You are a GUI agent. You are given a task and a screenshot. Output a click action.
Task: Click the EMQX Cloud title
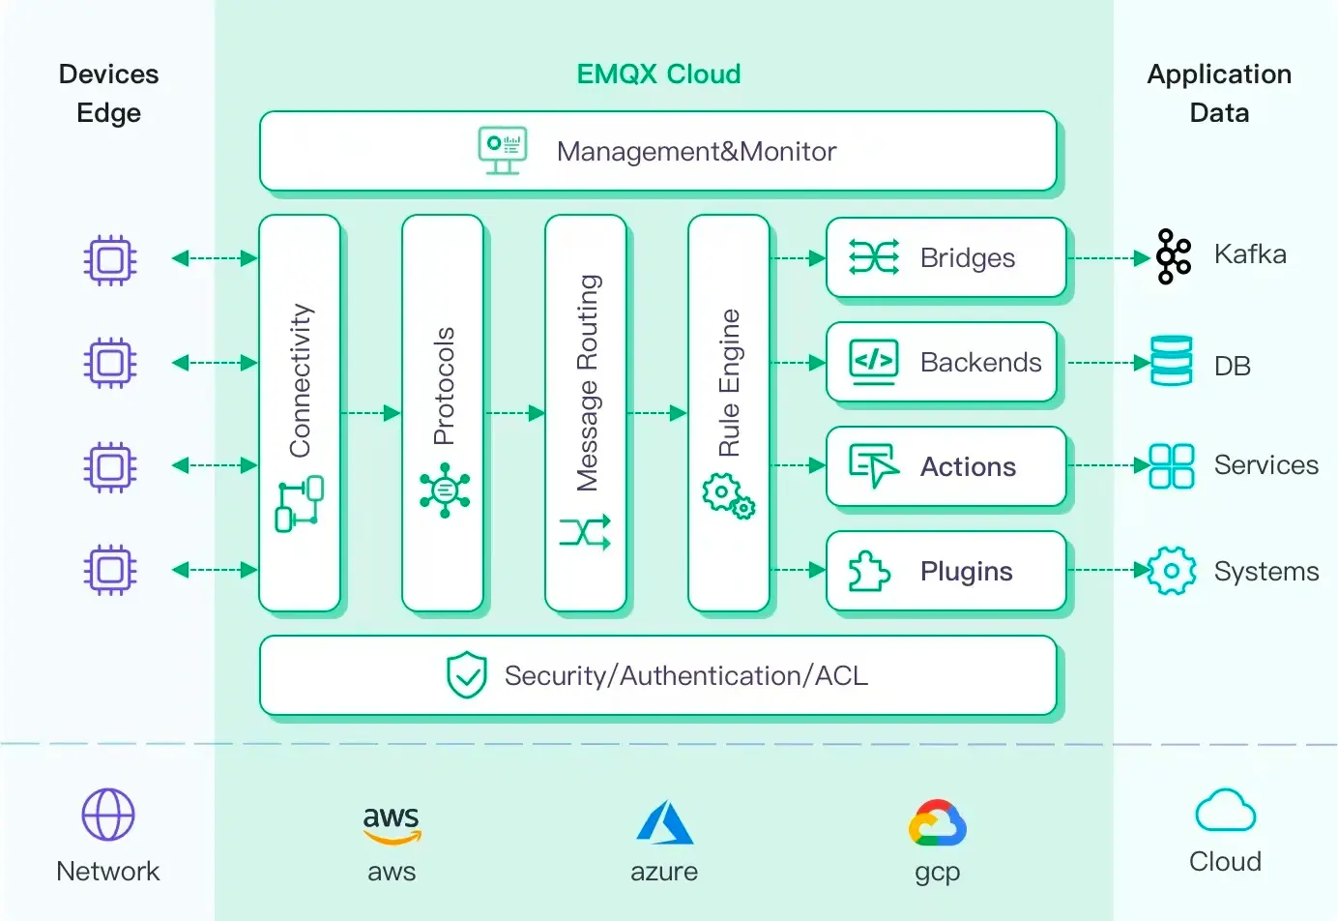658,74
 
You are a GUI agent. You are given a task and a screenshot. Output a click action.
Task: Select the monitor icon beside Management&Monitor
503,151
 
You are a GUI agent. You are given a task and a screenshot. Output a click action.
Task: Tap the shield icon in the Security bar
466,675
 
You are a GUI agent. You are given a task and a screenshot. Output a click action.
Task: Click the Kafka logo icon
1173,256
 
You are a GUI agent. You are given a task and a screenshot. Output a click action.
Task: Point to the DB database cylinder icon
1171,361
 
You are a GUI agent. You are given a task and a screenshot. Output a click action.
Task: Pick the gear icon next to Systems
1172,571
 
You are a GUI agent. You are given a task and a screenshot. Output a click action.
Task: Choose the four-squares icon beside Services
1171,465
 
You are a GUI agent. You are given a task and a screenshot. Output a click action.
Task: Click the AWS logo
392,822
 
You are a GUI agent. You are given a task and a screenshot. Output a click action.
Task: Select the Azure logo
664,822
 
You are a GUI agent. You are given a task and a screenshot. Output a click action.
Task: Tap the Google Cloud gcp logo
937,823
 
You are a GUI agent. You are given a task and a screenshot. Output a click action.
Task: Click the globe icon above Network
108,815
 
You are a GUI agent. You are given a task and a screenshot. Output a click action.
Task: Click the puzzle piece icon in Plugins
868,571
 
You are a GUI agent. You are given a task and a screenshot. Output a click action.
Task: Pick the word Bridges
967,258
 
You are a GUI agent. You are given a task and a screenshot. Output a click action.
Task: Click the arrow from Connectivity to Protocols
371,413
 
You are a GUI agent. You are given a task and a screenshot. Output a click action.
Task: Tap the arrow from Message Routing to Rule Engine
657,413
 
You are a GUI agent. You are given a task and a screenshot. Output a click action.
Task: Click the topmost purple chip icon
109,259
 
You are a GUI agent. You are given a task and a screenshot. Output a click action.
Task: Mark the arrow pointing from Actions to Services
1108,465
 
